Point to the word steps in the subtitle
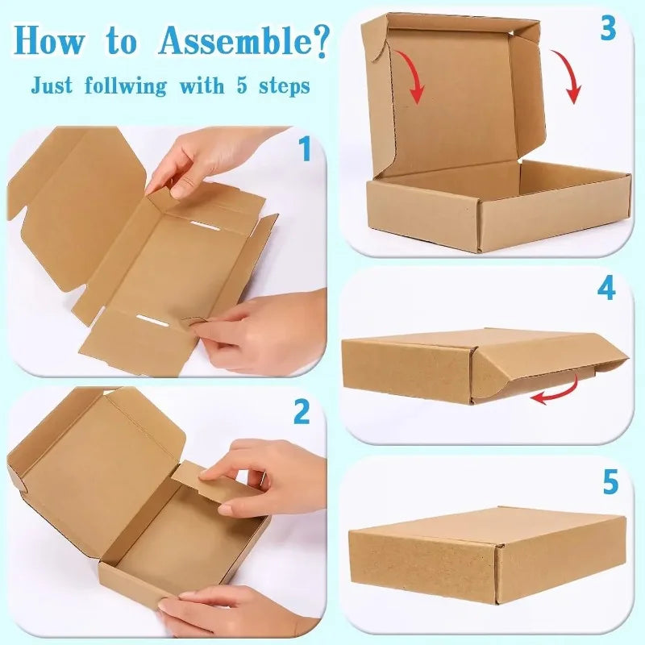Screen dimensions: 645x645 283,85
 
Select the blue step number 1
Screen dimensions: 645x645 305,150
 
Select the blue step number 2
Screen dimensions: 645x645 302,412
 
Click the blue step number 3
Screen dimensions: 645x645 608,29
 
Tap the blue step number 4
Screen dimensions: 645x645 606,289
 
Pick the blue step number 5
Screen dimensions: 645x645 610,482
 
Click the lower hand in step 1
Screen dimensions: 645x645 266,331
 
